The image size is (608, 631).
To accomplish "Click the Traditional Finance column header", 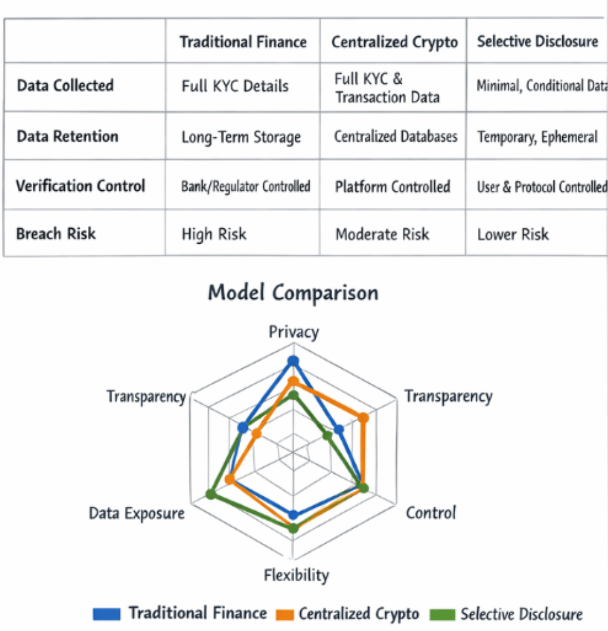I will [x=243, y=42].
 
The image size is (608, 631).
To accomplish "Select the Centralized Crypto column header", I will [x=395, y=42].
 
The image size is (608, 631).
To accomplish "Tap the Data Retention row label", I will [x=67, y=137].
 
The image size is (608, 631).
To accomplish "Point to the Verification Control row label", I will [x=80, y=186].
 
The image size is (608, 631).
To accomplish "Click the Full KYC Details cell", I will [x=235, y=86].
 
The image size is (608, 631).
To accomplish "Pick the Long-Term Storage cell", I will [x=241, y=137].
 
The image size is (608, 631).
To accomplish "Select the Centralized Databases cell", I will [x=395, y=137].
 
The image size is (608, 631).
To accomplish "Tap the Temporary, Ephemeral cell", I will [x=537, y=137].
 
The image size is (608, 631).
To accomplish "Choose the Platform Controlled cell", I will [x=392, y=187].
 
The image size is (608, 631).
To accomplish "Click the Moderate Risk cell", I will [x=382, y=234].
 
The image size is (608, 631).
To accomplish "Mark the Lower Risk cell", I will [x=513, y=234].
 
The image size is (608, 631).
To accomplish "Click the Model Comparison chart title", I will [x=293, y=293].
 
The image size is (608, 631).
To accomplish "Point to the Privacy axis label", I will [x=294, y=332].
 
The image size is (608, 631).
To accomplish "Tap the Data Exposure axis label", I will [x=137, y=513].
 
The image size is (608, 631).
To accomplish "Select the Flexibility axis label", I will [x=296, y=575].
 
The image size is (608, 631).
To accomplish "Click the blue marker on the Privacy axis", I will [x=292, y=361].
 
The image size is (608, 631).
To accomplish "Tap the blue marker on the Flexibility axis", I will [x=292, y=515].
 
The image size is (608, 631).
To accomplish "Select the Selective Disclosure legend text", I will [x=521, y=614].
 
